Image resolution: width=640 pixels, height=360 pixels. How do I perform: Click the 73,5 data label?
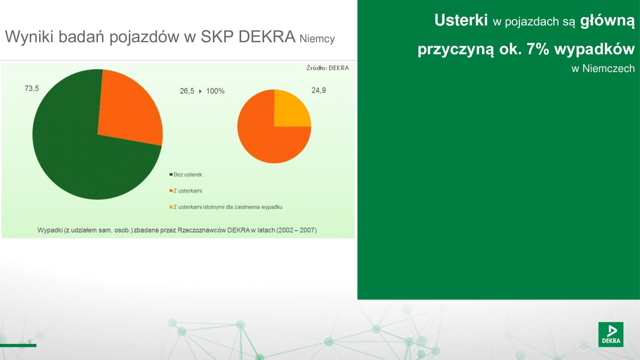coord(32,88)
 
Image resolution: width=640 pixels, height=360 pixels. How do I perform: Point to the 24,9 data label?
coord(319,90)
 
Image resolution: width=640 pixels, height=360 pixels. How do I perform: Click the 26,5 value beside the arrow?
coord(187,91)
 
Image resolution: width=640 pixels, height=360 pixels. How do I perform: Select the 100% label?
coord(215,91)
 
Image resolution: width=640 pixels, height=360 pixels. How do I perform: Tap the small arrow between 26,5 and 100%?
coord(200,91)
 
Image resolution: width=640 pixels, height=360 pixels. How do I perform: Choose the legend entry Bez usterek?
coord(186,174)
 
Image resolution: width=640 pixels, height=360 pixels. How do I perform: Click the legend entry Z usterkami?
coord(186,191)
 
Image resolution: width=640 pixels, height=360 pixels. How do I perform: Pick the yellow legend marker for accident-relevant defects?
coord(171,207)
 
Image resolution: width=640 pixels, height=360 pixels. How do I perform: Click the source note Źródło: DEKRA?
coord(327,68)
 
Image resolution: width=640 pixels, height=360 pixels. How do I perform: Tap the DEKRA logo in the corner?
coord(611,334)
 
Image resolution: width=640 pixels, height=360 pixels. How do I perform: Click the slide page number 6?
coord(30,341)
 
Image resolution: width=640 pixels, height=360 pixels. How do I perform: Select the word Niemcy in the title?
coord(317,39)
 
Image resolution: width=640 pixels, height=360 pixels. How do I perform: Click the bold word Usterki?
coord(461,20)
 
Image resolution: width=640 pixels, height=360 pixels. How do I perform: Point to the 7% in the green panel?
coord(538,49)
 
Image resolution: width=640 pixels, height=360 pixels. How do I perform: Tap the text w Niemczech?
coord(603,68)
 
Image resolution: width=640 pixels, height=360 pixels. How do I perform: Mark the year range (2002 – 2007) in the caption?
coord(297,230)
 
